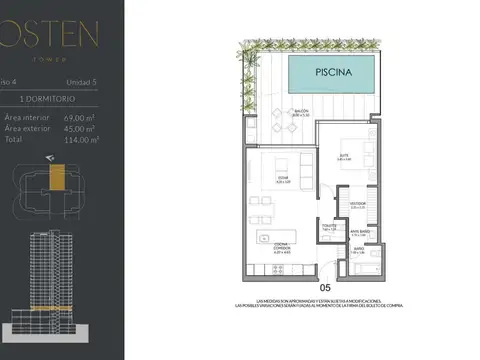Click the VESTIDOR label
tap(357, 204)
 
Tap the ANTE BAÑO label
tap(358, 233)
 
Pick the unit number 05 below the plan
tap(323, 288)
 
